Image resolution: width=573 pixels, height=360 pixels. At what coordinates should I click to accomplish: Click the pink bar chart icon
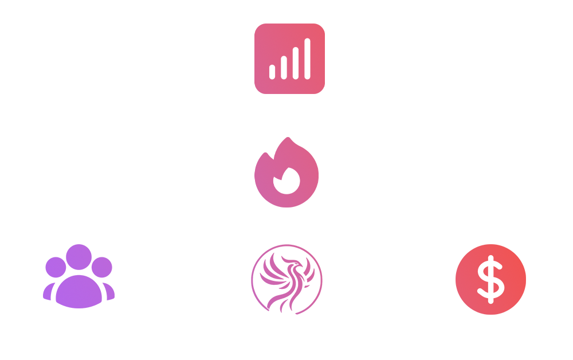coord(289,58)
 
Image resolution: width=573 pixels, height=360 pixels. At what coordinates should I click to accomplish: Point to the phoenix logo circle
coord(286,280)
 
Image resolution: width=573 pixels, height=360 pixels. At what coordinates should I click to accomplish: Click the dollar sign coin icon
coord(490,279)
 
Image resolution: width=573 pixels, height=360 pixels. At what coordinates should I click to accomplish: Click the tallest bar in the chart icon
coord(308,58)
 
